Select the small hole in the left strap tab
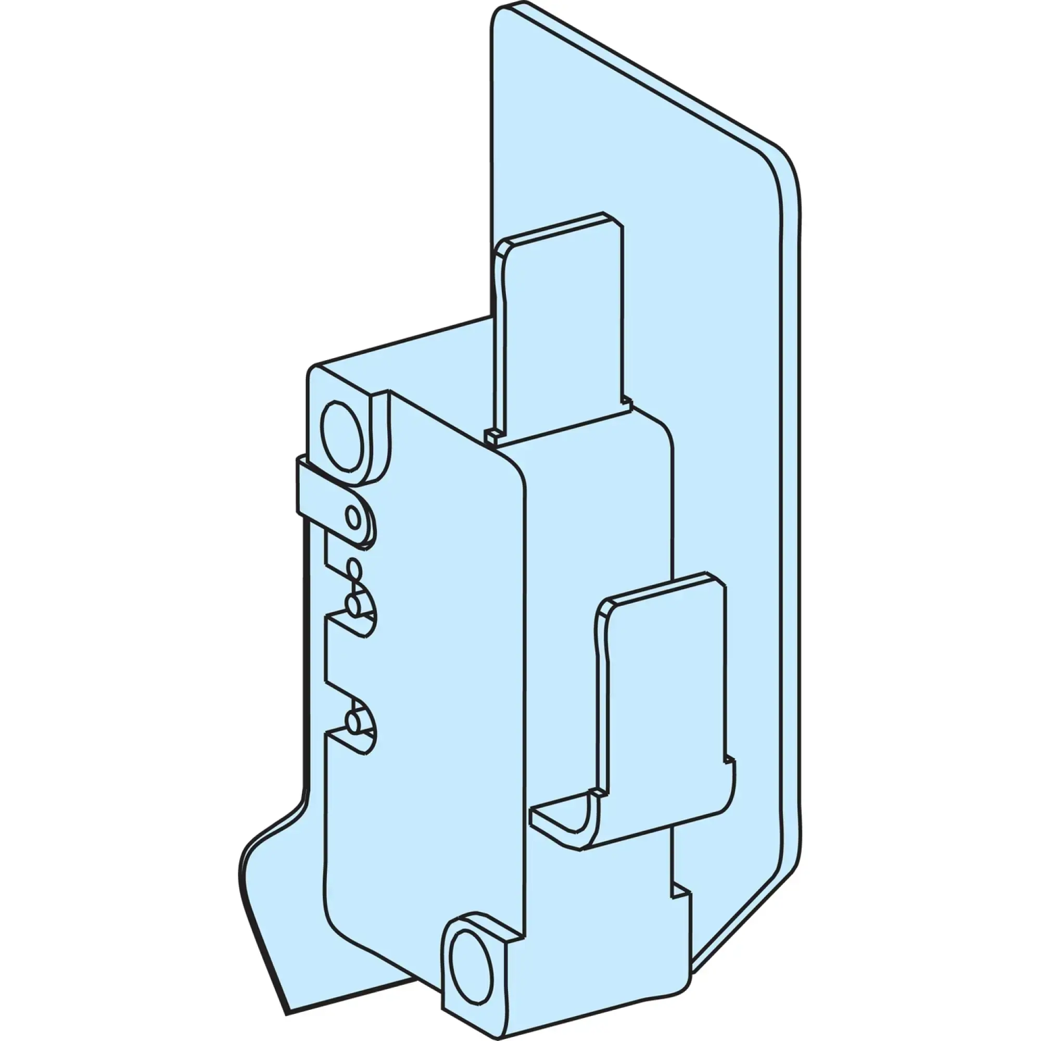[353, 518]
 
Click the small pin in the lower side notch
[353, 721]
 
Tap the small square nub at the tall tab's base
[491, 435]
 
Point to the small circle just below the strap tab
[354, 567]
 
